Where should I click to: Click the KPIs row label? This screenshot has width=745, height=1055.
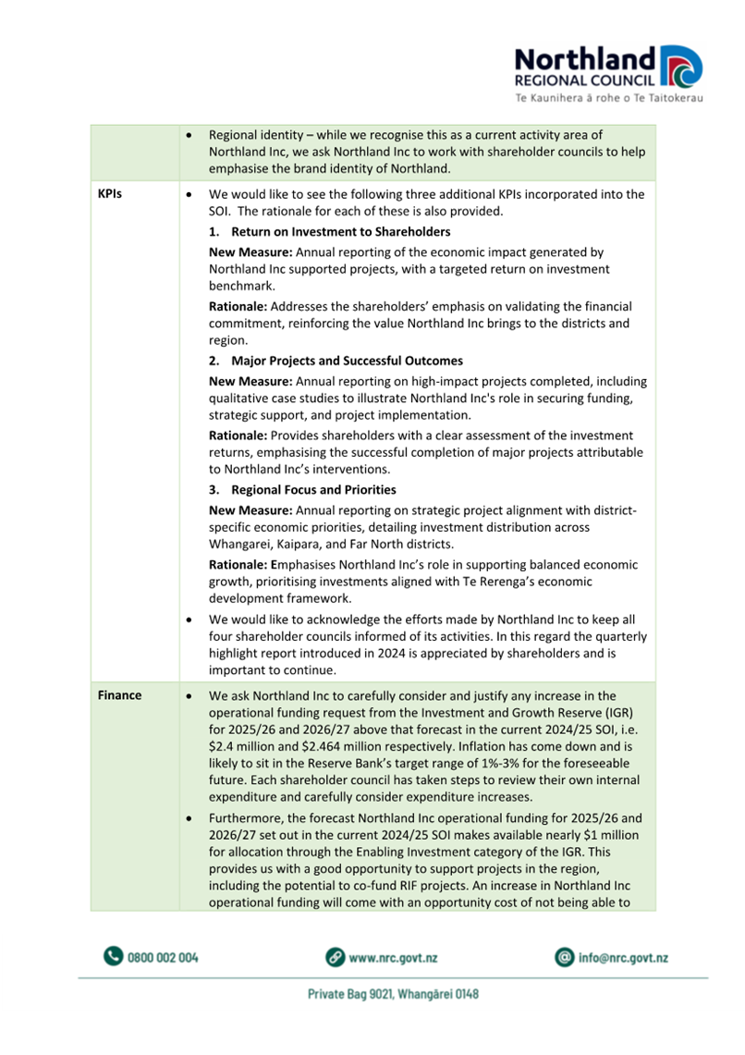point(111,196)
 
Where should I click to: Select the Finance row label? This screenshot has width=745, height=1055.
point(119,694)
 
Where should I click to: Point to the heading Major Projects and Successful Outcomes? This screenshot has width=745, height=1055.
point(347,361)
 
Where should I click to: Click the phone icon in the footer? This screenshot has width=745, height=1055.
point(113,957)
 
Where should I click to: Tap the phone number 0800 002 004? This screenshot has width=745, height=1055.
point(163,958)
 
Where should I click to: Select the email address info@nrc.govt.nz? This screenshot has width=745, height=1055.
point(622,958)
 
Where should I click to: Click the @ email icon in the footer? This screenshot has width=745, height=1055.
point(564,957)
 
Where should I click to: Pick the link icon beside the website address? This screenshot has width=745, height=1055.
point(336,957)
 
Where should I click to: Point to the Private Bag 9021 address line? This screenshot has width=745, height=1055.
point(393,995)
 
